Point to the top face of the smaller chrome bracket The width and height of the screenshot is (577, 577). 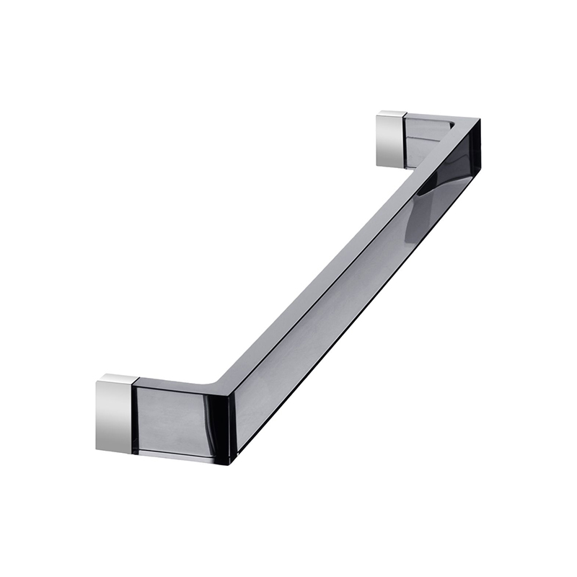[x=394, y=114]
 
